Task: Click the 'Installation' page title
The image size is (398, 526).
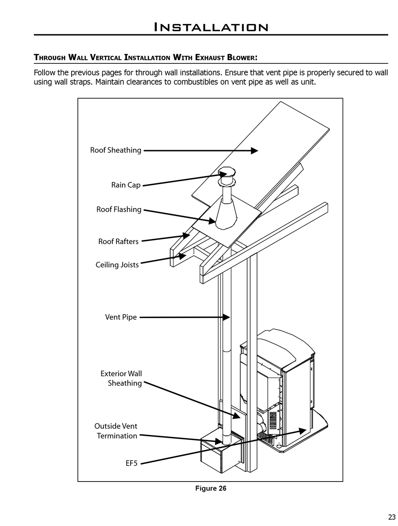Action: pyautogui.click(x=211, y=27)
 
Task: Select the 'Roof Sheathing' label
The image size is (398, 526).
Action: pyautogui.click(x=116, y=150)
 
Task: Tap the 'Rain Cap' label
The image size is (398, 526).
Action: pyautogui.click(x=126, y=185)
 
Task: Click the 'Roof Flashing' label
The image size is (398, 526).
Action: pyautogui.click(x=119, y=209)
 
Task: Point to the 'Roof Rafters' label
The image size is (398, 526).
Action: pyautogui.click(x=118, y=242)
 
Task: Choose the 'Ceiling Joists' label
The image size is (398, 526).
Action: pyautogui.click(x=117, y=265)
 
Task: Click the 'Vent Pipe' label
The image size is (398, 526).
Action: pyautogui.click(x=121, y=317)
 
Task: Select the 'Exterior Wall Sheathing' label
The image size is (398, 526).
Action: pyautogui.click(x=121, y=378)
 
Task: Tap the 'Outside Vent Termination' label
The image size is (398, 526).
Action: pyautogui.click(x=116, y=431)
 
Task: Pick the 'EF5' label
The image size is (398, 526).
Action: pyautogui.click(x=132, y=464)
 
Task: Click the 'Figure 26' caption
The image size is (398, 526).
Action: pyautogui.click(x=211, y=488)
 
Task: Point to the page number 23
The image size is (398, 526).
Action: pyautogui.click(x=392, y=517)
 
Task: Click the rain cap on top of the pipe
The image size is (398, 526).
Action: pyautogui.click(x=227, y=173)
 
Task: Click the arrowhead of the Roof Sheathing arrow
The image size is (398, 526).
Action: pyautogui.click(x=255, y=151)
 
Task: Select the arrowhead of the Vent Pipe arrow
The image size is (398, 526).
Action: pyautogui.click(x=226, y=318)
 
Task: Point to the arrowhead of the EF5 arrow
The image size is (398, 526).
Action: pyautogui.click(x=302, y=430)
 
